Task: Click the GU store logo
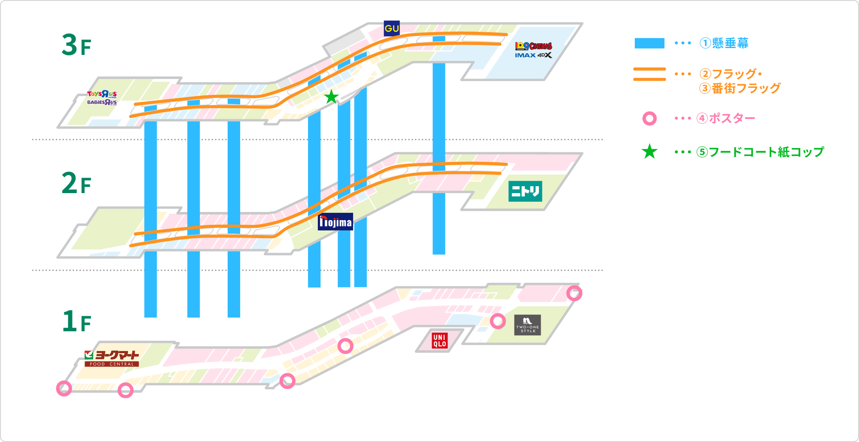[391, 28]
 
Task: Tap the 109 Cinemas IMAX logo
[533, 50]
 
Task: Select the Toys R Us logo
[102, 98]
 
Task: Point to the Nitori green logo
[525, 191]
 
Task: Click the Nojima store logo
[335, 222]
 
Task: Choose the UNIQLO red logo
[439, 341]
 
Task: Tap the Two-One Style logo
[527, 325]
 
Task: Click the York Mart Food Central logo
[112, 358]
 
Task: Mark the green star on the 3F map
[331, 97]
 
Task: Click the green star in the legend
[649, 151]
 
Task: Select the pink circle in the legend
[649, 118]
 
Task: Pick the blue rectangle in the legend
[649, 43]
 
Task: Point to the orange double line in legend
[649, 74]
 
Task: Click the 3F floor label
[76, 45]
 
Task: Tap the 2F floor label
[76, 184]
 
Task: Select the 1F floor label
[76, 321]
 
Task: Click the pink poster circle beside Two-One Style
[498, 321]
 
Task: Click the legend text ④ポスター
[726, 118]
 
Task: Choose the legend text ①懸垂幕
[724, 43]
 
